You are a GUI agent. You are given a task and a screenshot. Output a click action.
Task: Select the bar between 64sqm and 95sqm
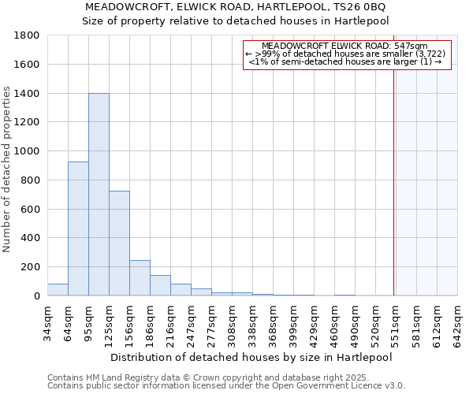(78, 229)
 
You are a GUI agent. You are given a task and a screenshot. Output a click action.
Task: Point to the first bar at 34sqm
(58, 289)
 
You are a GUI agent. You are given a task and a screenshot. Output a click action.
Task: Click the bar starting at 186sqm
(160, 285)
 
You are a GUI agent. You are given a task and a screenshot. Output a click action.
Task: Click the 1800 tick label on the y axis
(27, 35)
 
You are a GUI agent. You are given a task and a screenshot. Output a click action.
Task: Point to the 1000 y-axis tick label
(27, 151)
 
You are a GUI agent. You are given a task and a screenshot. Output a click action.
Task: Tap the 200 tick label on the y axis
(30, 267)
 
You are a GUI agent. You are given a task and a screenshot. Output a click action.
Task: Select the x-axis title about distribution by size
(251, 357)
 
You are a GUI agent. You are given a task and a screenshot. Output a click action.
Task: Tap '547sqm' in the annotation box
(412, 46)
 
